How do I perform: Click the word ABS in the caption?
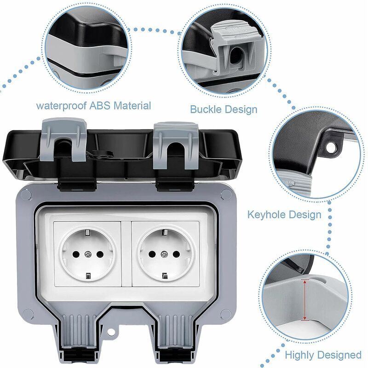(x=100, y=106)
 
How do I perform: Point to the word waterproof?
(x=62, y=106)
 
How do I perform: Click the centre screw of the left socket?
(x=88, y=254)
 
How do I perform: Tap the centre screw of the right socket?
(x=164, y=254)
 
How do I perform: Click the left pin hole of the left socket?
(x=76, y=254)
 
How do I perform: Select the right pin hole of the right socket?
(x=176, y=254)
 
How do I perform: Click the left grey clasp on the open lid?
(x=63, y=139)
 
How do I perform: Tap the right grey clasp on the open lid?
(x=176, y=145)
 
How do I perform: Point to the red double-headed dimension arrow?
(x=305, y=300)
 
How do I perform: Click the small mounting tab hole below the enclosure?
(x=112, y=332)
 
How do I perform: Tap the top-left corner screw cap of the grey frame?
(x=26, y=195)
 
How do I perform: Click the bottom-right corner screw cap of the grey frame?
(x=226, y=314)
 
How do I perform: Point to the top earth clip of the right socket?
(x=165, y=232)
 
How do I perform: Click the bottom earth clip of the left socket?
(x=88, y=276)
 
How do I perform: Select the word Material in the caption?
(x=132, y=106)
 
